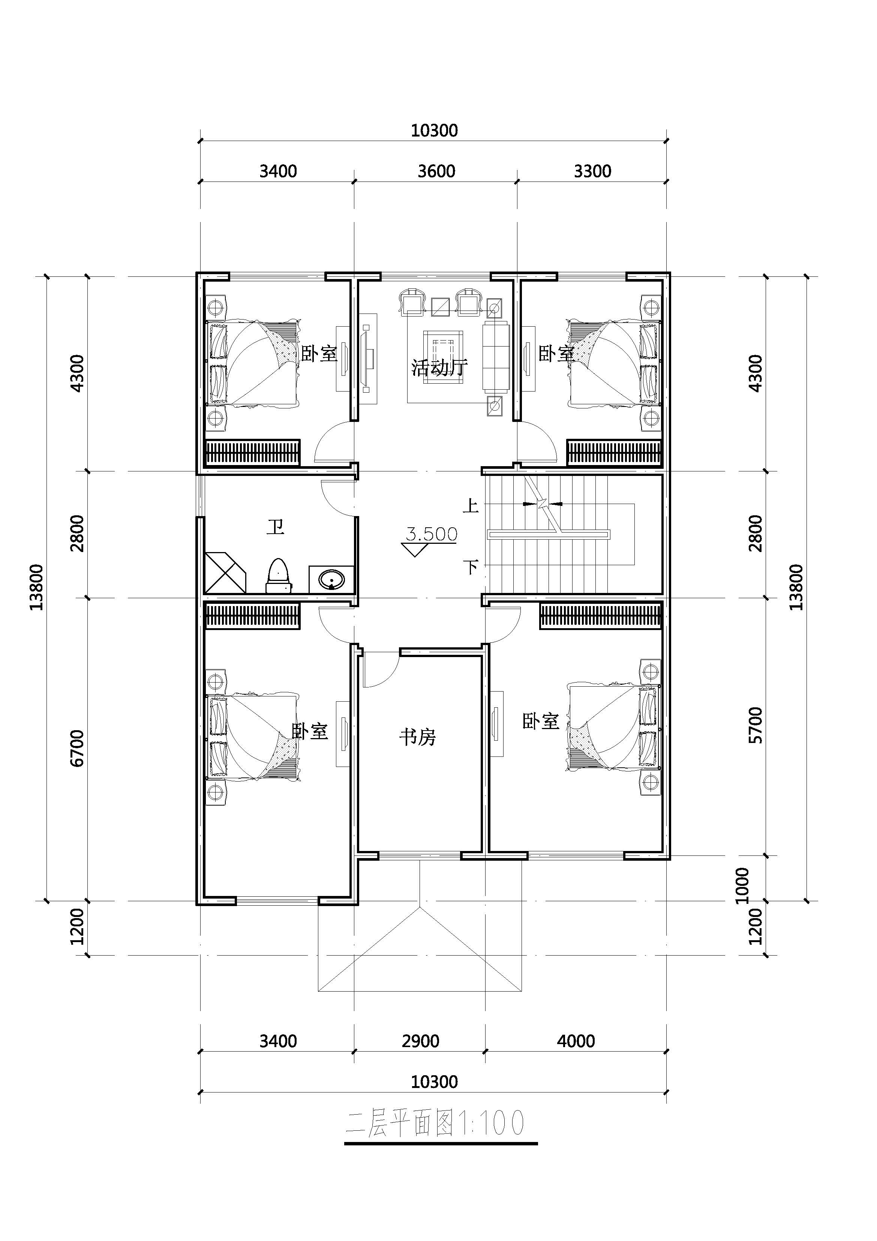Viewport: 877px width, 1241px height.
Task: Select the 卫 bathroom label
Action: click(276, 527)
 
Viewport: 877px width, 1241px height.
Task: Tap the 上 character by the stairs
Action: click(471, 506)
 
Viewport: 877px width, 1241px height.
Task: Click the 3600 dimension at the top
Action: click(436, 171)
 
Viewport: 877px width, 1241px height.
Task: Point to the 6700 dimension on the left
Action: click(77, 748)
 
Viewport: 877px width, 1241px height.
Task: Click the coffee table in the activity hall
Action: click(443, 357)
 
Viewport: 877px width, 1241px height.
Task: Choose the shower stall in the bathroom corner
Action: click(225, 572)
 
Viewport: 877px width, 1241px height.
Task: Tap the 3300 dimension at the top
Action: click(593, 171)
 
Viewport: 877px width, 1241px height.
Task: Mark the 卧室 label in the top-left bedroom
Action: click(319, 354)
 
